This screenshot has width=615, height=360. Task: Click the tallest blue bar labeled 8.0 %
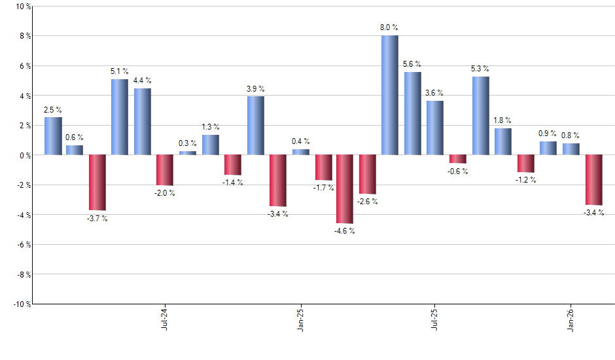point(389,95)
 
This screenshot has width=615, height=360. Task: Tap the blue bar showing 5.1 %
point(119,117)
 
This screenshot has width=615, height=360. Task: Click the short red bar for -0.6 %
point(457,159)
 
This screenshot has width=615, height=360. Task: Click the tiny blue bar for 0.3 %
point(187,153)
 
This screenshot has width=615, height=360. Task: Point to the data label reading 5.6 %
point(412,64)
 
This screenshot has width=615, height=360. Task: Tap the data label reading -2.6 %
point(368,202)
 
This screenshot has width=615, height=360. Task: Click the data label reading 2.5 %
point(53,109)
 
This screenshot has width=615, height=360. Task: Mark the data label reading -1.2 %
point(525,180)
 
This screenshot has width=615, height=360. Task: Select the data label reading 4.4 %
point(142,81)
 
